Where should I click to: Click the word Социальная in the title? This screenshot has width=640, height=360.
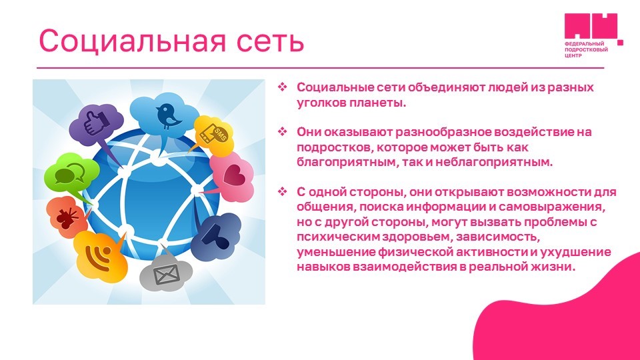point(132,41)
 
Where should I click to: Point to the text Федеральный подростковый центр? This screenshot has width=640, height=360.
point(586,49)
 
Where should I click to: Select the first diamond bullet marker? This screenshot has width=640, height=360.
point(283,87)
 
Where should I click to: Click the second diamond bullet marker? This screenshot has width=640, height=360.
point(283,132)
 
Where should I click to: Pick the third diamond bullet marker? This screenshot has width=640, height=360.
point(283,191)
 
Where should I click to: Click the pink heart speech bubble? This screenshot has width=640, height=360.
point(232,177)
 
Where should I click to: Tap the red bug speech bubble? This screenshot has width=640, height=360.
point(67,217)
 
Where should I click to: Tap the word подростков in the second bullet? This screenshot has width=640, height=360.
point(333,147)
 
